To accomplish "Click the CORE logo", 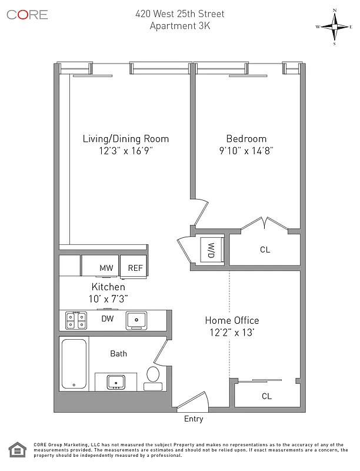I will [x=27, y=15].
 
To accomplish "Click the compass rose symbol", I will [x=334, y=26].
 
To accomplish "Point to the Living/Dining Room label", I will [x=125, y=139].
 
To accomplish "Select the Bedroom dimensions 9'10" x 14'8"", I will [x=246, y=151].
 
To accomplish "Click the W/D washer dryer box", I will [x=210, y=249].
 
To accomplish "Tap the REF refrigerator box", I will [x=135, y=268].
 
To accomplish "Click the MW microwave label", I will [x=106, y=268].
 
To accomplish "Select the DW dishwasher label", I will [x=107, y=319].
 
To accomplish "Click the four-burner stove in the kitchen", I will [x=74, y=320].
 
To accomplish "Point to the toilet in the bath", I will [x=152, y=375].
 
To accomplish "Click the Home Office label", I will [x=232, y=320].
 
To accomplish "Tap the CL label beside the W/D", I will [x=265, y=250].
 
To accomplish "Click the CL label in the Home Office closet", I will [x=266, y=396].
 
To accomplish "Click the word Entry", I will [x=194, y=419].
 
